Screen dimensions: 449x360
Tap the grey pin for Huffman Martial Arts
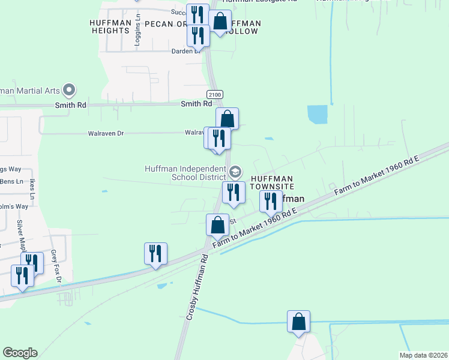click(69, 91)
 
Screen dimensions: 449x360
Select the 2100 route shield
click(214, 95)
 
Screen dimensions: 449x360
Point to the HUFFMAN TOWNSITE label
click(271, 183)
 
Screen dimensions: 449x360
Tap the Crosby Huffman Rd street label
click(196, 286)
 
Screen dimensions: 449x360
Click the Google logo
click(20, 353)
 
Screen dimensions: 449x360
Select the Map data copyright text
click(423, 355)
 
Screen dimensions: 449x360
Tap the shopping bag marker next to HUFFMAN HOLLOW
click(220, 22)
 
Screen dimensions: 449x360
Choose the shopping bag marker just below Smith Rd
click(228, 119)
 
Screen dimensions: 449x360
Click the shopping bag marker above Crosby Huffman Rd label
click(217, 225)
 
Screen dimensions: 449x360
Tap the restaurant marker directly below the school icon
click(234, 192)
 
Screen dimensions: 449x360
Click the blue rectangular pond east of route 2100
click(318, 113)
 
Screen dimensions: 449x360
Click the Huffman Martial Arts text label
click(30, 91)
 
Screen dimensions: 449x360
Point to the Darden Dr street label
click(186, 51)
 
